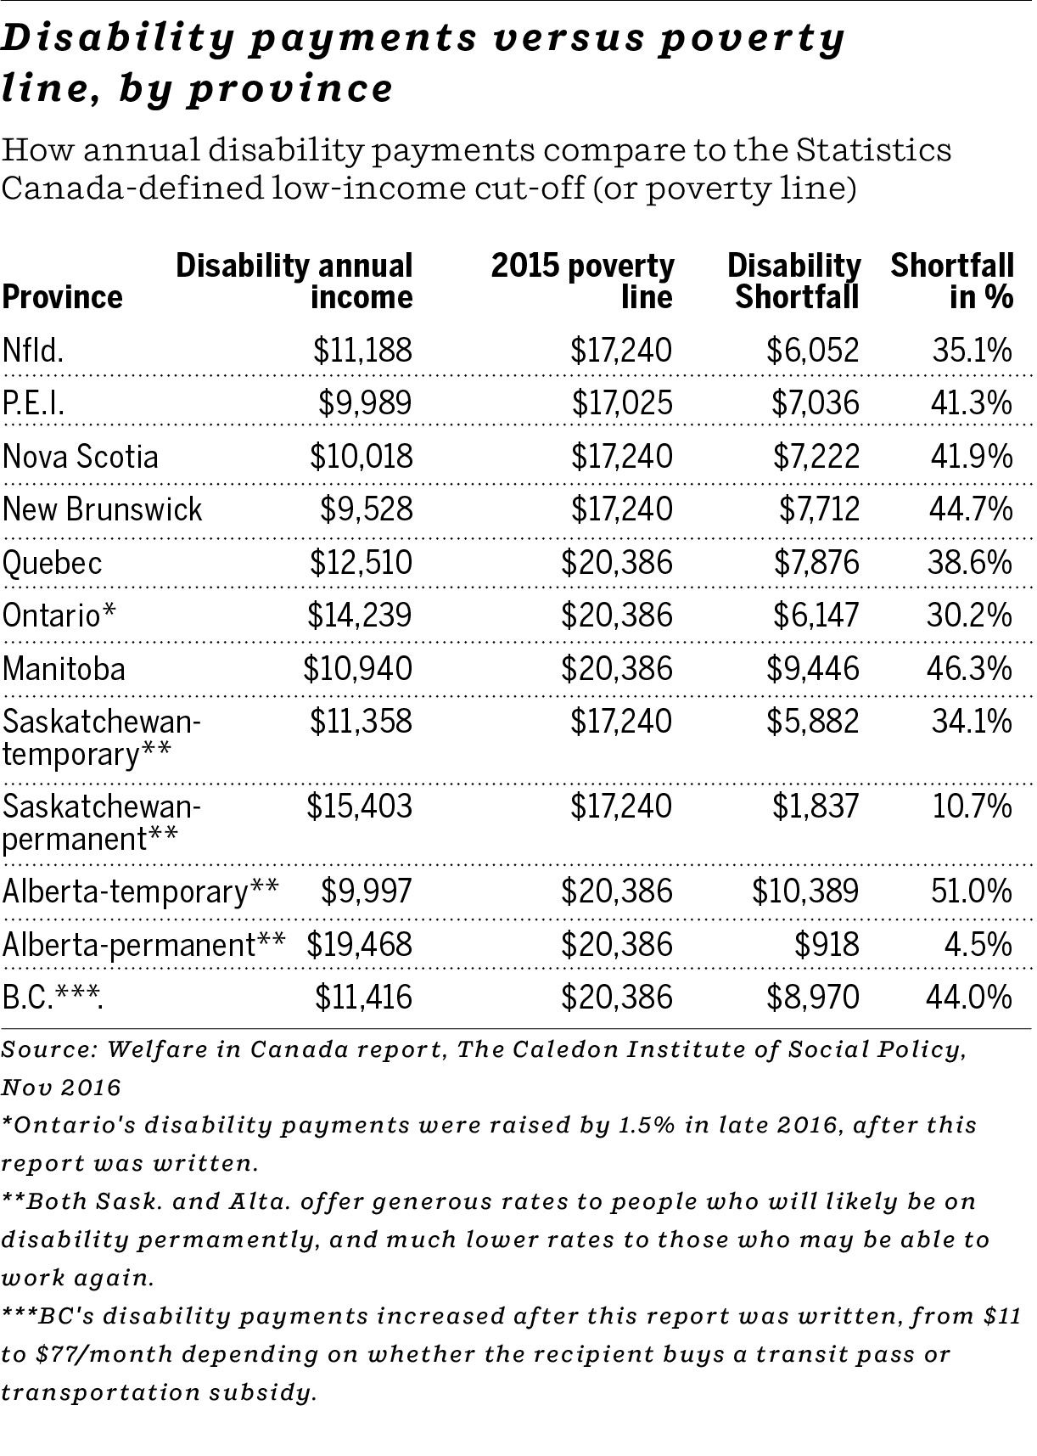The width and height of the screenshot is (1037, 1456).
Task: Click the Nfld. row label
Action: point(33,350)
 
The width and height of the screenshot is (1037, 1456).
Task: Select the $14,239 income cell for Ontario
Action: point(360,615)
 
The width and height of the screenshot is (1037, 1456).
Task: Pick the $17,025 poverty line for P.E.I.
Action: point(621,402)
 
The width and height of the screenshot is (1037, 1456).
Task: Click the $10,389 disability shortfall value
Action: point(805,891)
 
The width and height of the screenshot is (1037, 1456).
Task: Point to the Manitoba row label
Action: point(64,668)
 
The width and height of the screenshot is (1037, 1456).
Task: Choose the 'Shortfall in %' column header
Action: point(952,280)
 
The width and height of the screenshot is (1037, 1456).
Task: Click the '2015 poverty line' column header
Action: point(583,280)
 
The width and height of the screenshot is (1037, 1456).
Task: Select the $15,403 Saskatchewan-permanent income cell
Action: point(360,805)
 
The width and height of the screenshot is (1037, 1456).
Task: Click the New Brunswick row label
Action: point(103,509)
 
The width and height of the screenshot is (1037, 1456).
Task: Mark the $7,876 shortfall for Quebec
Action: point(815,562)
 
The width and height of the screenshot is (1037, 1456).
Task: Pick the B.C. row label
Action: point(53,997)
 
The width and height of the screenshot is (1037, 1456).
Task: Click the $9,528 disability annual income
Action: point(366,509)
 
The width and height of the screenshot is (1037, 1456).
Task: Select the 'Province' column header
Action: point(62,297)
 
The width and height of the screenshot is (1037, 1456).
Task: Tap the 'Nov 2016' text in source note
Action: point(60,1087)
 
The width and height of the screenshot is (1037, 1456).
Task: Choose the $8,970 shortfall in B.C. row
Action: point(813,997)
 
